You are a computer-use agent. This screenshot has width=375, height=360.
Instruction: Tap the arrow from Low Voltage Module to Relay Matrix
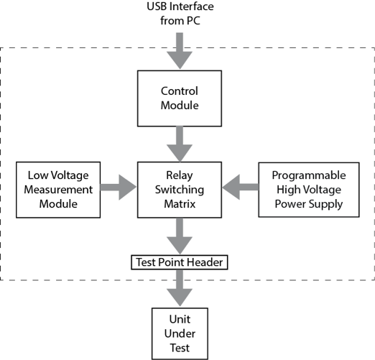[119, 189]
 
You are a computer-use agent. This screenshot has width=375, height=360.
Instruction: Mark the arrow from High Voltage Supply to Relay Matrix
[239, 189]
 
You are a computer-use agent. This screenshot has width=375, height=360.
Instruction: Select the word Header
[208, 262]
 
